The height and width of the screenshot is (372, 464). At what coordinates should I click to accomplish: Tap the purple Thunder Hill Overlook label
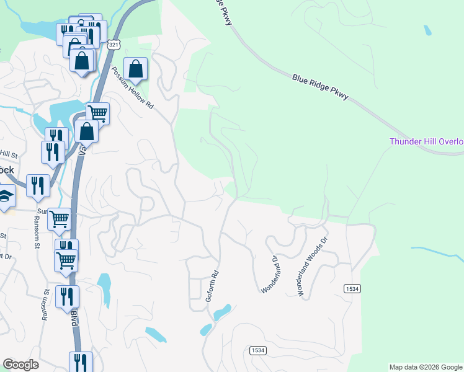(x=426, y=141)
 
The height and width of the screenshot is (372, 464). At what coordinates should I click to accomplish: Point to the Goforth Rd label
(x=213, y=285)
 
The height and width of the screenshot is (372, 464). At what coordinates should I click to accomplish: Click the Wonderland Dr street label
(x=270, y=273)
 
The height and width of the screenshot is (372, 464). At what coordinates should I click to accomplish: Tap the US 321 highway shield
(x=113, y=45)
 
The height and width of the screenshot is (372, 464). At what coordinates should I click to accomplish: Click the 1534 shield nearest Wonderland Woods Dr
(x=352, y=288)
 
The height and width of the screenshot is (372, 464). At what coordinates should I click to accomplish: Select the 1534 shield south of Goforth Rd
(x=258, y=350)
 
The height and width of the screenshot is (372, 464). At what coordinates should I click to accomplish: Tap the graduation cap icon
(x=6, y=197)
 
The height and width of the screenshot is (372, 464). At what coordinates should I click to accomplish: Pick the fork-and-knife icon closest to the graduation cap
(x=38, y=186)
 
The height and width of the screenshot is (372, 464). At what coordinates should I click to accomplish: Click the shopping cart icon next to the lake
(x=97, y=113)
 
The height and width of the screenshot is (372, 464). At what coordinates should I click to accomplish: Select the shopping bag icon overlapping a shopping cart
(x=86, y=131)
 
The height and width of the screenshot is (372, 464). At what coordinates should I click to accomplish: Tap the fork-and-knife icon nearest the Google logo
(x=81, y=361)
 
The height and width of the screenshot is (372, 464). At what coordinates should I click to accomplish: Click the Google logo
(x=20, y=365)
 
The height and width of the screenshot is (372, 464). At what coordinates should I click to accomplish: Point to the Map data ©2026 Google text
(x=426, y=367)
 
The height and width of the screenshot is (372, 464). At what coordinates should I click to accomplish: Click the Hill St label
(x=9, y=154)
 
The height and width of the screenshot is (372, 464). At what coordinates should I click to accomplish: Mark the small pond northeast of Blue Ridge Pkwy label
(x=427, y=30)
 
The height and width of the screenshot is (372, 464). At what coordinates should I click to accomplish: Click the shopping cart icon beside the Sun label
(x=59, y=218)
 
